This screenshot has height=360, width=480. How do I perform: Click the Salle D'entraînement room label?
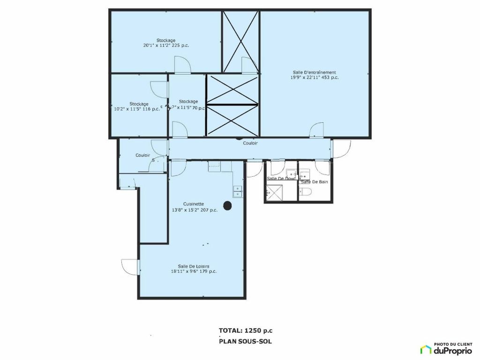[x=314, y=72]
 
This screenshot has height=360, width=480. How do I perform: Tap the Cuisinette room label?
[x=194, y=204]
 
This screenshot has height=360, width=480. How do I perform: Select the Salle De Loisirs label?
[x=194, y=266]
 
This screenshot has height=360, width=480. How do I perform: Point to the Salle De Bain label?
[x=315, y=181]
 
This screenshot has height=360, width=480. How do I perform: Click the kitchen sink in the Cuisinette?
[x=237, y=190]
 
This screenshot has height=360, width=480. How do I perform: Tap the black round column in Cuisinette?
[x=227, y=205]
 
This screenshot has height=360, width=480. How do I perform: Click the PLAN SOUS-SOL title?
[x=245, y=341]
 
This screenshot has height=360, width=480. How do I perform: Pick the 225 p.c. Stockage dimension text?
[x=166, y=45]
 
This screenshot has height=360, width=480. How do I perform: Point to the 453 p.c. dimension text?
[x=314, y=77]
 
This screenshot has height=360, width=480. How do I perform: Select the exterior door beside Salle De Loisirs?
[x=130, y=267]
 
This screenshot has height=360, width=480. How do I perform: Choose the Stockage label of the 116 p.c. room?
[x=139, y=104]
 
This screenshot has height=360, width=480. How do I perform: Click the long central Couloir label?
[x=250, y=143]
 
